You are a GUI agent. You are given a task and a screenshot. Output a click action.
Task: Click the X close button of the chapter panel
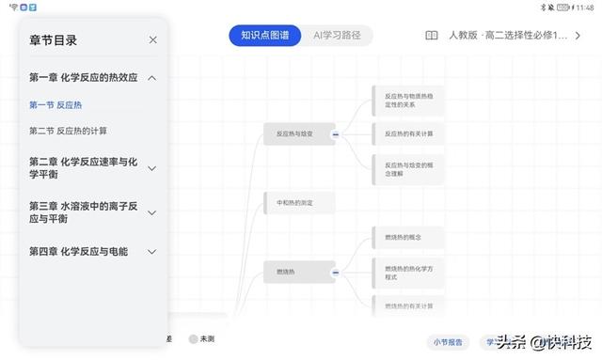(x=153, y=39)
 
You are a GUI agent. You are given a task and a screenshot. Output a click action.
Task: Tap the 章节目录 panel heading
(x=53, y=40)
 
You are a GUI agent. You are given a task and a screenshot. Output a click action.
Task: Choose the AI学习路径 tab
(x=337, y=36)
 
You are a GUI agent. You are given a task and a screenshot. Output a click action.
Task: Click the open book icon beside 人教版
(x=431, y=36)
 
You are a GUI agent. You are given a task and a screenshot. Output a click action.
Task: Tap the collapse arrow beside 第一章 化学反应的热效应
(x=152, y=78)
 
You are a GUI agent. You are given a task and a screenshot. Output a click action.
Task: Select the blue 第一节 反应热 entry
(x=55, y=105)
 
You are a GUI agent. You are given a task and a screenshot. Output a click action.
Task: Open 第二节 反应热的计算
(x=68, y=131)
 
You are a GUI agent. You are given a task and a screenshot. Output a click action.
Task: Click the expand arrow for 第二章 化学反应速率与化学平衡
(x=152, y=168)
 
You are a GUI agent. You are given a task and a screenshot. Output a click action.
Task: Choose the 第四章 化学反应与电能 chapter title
(x=78, y=252)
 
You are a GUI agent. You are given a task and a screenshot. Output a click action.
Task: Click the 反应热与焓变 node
(x=293, y=135)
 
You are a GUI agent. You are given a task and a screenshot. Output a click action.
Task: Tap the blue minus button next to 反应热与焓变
(x=334, y=135)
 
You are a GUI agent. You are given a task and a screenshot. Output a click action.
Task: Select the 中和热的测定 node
(x=293, y=203)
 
